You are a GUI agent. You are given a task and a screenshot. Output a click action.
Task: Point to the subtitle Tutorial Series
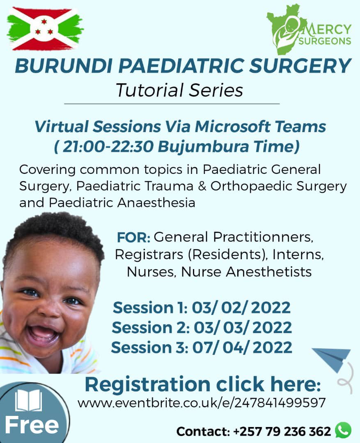[179, 90]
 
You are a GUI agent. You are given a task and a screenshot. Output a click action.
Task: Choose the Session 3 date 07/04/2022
[241, 347]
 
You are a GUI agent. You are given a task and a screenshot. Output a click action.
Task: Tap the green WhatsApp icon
[343, 430]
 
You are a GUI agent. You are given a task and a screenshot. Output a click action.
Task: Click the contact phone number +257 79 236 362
[282, 432]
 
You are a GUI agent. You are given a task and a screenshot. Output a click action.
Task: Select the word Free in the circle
[32, 426]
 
